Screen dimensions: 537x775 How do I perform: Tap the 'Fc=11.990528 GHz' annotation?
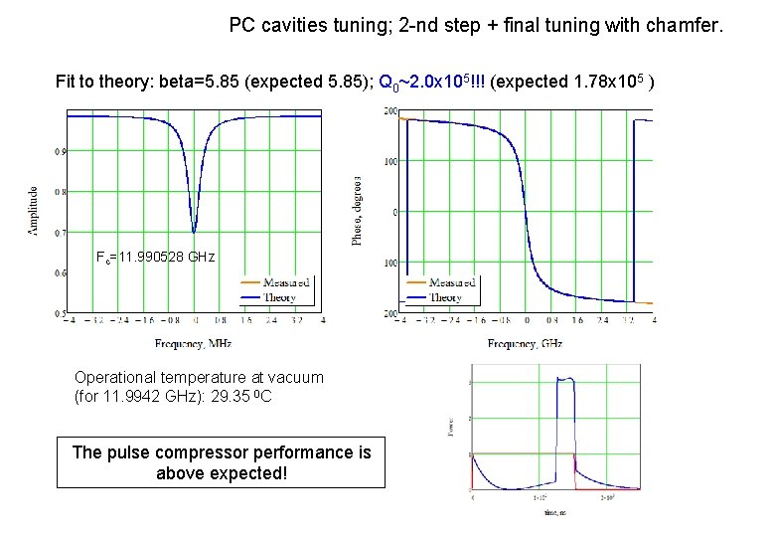154,257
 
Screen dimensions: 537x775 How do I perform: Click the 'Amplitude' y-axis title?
33,210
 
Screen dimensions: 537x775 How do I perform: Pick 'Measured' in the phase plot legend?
453,282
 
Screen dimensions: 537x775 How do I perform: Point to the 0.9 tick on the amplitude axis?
61,151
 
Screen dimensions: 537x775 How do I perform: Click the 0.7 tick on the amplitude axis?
61,232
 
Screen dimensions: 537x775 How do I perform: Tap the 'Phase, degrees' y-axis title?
358,210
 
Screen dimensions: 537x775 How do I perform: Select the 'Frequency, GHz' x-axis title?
525,343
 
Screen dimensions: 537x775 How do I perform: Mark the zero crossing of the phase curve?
526,212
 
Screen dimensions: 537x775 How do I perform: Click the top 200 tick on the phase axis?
390,110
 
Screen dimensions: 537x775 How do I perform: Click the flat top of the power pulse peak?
565,379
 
